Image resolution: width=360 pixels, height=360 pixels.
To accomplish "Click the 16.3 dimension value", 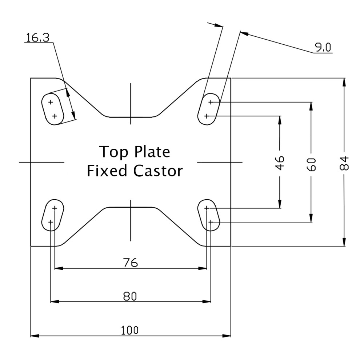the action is (38, 37).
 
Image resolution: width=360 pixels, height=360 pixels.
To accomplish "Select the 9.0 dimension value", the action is (323, 48).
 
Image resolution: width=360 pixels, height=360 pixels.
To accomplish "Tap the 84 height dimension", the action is (344, 163).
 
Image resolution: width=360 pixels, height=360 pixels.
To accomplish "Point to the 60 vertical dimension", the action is (311, 164).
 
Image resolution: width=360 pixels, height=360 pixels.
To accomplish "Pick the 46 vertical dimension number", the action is (280, 163).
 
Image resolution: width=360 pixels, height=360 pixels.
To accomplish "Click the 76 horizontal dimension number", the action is (131, 263).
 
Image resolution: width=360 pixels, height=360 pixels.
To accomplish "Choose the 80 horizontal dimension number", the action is (130, 296).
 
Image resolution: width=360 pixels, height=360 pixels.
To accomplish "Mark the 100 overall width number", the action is (130, 330).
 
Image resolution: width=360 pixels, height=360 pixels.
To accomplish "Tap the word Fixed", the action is (107, 171).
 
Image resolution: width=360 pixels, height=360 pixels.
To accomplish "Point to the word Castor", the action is (158, 171).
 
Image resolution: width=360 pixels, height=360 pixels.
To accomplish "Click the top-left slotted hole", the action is (53, 109).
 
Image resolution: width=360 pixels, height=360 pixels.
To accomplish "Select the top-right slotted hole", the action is (209, 109).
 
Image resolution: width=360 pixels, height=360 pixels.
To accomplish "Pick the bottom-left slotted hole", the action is (53, 215).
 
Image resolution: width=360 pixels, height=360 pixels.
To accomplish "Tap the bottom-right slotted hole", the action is (209, 215).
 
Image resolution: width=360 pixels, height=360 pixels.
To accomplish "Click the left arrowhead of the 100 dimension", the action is (35, 336).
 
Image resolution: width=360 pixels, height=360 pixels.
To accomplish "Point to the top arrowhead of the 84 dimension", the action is (344, 82).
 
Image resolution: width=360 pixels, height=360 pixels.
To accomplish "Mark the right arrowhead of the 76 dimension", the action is (203, 268).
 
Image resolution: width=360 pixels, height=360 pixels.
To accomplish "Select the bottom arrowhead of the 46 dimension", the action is (280, 204).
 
